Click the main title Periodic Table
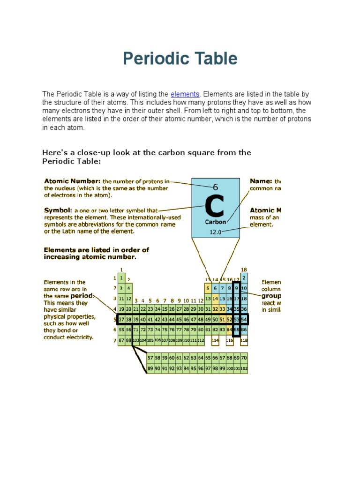180,59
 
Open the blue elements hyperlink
185,94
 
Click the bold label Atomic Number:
72,181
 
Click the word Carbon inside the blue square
215,222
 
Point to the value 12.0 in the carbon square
215,232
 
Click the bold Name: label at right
261,181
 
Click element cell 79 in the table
193,330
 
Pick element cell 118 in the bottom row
244,340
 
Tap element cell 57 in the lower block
150,358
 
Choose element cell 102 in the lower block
244,369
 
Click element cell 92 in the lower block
172,368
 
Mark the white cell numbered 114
215,340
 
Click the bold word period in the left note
82,296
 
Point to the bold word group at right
271,296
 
